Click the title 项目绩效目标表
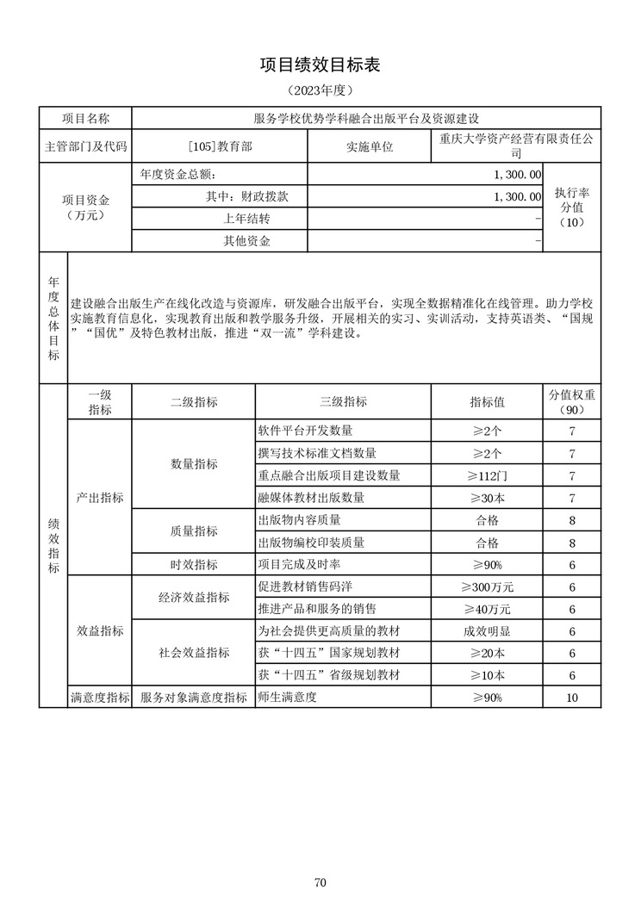tap(320, 65)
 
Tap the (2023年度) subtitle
tap(320, 90)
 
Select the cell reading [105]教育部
tap(220, 146)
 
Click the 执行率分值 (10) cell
tap(572, 208)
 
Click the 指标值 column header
tap(487, 401)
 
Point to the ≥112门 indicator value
tap(487, 475)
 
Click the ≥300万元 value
tap(487, 587)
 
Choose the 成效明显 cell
tap(487, 631)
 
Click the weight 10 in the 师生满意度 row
tap(572, 698)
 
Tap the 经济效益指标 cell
tap(194, 598)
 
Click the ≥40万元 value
tap(487, 609)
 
